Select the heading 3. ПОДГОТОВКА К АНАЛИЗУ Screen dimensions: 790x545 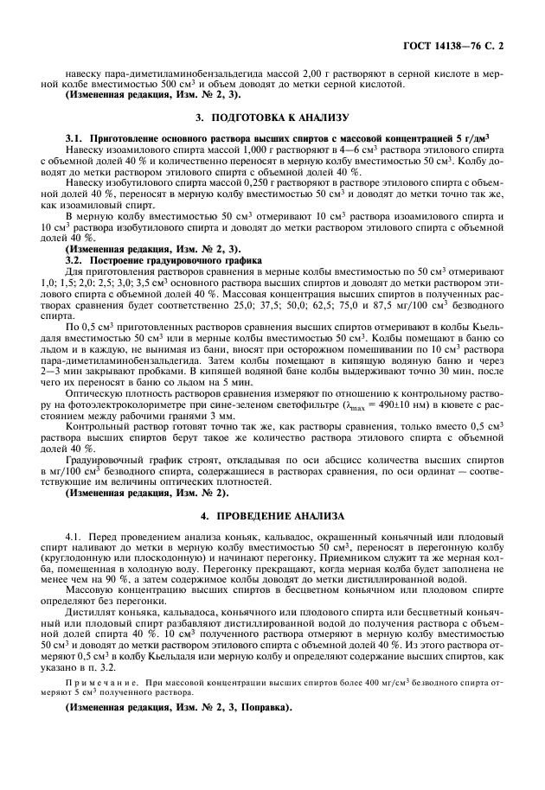pyautogui.click(x=272, y=117)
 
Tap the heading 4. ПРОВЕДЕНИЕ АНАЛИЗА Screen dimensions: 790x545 pyautogui.click(x=272, y=516)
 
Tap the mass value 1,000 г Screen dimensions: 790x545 pyautogui.click(x=224, y=150)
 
